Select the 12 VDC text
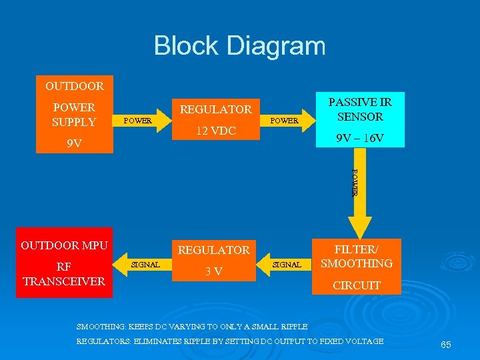coord(215,131)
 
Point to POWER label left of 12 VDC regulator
coord(138,121)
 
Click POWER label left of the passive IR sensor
coord(284,121)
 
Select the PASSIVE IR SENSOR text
coord(360,109)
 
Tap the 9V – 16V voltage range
coord(360,139)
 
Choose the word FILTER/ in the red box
coord(357,249)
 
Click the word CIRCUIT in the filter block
coord(357,285)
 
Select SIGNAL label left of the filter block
coord(287,265)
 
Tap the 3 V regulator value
coord(213,271)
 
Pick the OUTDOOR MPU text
coord(64,245)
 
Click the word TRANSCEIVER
coord(64,281)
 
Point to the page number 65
coord(446,345)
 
